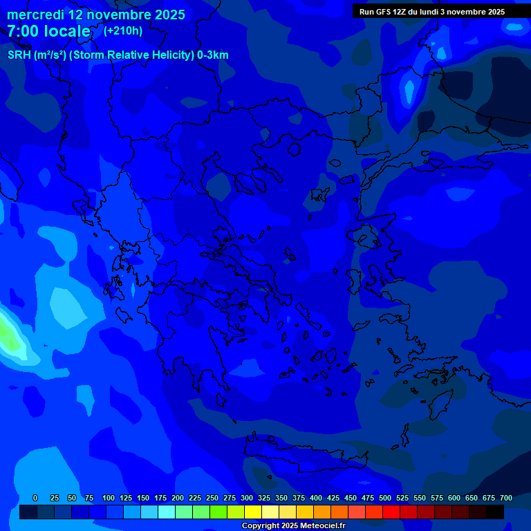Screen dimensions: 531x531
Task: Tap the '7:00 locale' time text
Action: [x=48, y=31]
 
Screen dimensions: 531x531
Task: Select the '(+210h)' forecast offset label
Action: [x=123, y=30]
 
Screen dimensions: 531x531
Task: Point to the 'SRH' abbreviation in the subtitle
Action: [x=19, y=55]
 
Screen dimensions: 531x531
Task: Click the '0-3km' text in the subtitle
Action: [x=213, y=55]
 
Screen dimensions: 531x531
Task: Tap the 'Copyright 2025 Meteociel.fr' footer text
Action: [x=292, y=526]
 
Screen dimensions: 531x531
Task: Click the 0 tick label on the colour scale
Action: [x=35, y=498]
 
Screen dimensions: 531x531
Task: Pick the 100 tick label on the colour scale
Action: [x=109, y=498]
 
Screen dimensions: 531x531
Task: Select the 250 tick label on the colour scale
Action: [x=212, y=498]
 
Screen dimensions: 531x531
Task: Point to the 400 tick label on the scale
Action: [x=316, y=498]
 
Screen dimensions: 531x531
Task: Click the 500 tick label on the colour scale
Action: [x=385, y=498]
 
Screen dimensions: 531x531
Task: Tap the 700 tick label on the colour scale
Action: [x=505, y=498]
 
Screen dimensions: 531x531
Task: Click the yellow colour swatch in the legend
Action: [x=253, y=512]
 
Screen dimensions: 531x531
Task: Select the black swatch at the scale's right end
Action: [x=495, y=512]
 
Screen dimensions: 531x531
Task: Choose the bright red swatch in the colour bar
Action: [x=391, y=512]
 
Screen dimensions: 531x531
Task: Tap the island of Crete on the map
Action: [x=304, y=456]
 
